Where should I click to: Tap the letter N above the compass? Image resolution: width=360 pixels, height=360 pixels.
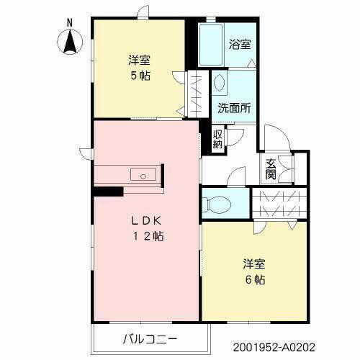point(70,22)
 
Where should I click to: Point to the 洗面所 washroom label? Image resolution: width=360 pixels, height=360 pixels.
point(235,109)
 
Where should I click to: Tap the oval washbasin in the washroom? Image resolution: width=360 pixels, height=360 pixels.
point(219,84)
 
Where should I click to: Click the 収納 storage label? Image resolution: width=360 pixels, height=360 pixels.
point(217,139)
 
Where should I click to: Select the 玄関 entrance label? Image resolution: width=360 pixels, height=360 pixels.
point(271,168)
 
